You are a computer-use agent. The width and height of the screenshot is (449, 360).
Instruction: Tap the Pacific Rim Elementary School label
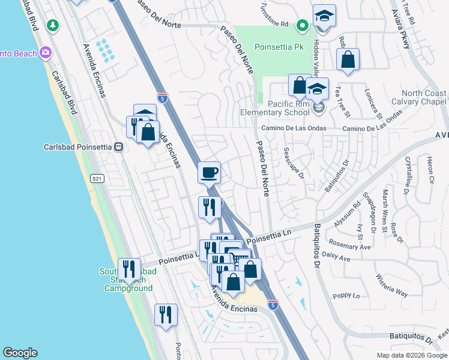[280, 108]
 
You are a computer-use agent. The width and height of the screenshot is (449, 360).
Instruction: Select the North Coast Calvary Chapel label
[424, 97]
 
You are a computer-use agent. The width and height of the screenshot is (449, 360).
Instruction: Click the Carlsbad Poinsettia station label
[78, 146]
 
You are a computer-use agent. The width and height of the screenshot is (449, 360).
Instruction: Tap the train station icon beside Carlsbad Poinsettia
[119, 146]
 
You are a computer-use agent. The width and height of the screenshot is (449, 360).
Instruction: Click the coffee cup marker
[209, 173]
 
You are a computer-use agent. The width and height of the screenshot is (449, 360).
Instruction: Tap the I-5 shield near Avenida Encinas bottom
[273, 305]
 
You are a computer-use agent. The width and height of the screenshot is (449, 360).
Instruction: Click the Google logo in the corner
[20, 353]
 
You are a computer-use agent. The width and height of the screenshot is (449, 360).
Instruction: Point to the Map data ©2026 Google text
[412, 355]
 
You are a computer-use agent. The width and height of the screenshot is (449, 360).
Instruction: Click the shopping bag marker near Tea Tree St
[348, 59]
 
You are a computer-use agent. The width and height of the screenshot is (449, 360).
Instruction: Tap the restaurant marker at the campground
[129, 269]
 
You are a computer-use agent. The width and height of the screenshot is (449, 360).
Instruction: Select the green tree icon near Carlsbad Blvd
[54, 25]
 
